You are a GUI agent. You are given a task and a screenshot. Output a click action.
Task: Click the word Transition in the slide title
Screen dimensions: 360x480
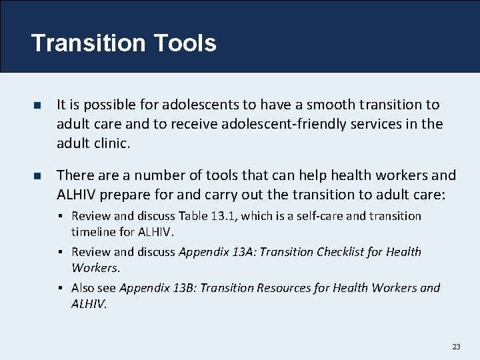click(89, 43)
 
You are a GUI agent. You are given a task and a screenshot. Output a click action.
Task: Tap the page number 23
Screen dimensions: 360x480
click(456, 347)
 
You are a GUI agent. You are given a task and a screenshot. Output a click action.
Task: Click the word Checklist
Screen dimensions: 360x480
click(335, 252)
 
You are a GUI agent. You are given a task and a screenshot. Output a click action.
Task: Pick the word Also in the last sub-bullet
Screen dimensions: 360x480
click(84, 288)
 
